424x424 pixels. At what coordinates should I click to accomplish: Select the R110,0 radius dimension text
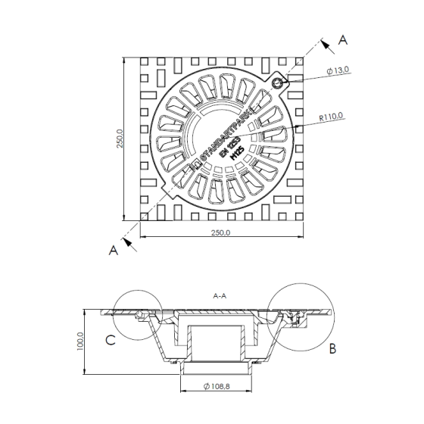point(332,117)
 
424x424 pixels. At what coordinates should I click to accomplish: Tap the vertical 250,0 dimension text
point(120,137)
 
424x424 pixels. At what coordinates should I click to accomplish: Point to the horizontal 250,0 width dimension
point(217,232)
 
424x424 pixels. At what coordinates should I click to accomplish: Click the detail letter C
point(111,340)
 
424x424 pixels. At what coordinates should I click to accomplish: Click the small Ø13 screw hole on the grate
point(279,82)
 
